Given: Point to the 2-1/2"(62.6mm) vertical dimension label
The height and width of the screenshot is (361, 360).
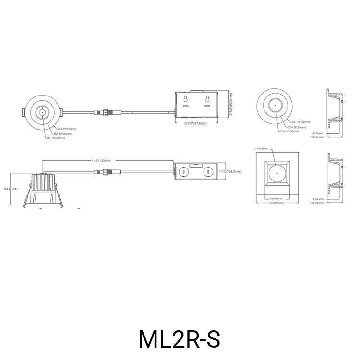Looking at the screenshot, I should pyautogui.click(x=231, y=105).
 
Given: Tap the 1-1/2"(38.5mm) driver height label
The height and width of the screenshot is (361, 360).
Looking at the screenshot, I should pyautogui.click(x=231, y=171).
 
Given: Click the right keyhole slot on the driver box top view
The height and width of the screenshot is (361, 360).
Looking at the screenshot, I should pyautogui.click(x=207, y=100).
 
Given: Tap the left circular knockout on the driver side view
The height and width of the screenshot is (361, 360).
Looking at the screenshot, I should pyautogui.click(x=183, y=171).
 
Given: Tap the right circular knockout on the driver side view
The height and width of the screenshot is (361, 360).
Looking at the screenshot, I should pyautogui.click(x=208, y=171).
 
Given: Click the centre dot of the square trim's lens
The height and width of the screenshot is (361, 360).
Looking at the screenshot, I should pyautogui.click(x=276, y=172).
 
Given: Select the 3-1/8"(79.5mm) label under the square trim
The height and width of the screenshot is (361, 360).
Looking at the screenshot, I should pyautogui.click(x=276, y=203).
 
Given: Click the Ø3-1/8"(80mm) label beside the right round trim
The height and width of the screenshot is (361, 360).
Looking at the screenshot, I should pyautogui.click(x=300, y=122).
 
